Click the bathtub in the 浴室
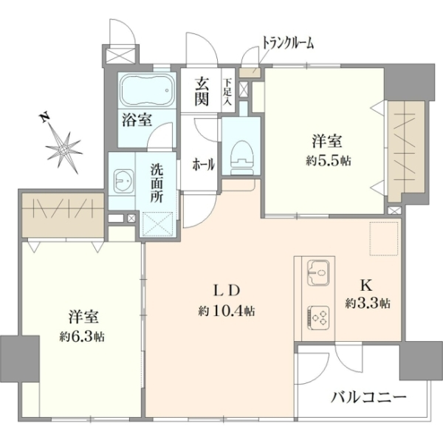pyautogui.click(x=147, y=90)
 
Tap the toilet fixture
pyautogui.click(x=241, y=157)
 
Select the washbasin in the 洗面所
pyautogui.click(x=124, y=181)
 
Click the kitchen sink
pyautogui.click(x=318, y=272)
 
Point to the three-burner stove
pyautogui.click(x=318, y=317)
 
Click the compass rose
pyautogui.click(x=63, y=148)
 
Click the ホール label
pyautogui.click(x=204, y=164)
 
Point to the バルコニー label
pyautogui.click(x=368, y=398)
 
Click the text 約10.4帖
pyautogui.click(x=227, y=312)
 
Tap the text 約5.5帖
pyautogui.click(x=329, y=161)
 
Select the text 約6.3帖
pyautogui.click(x=82, y=337)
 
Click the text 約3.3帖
pyautogui.click(x=368, y=303)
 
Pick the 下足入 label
pyautogui.click(x=227, y=92)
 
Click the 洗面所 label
pyautogui.click(x=157, y=183)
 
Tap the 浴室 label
pyautogui.click(x=137, y=120)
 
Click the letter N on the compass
pyautogui.click(x=44, y=117)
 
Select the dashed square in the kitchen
pyautogui.click(x=384, y=238)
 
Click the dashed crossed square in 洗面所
pyautogui.click(x=158, y=224)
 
